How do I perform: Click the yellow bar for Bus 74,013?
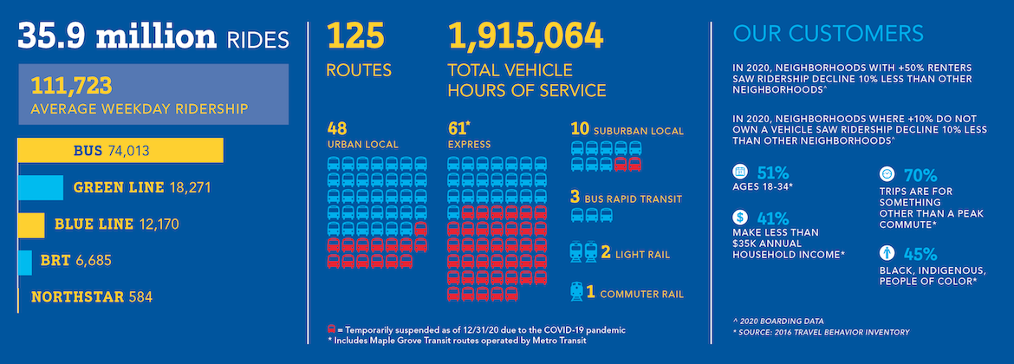coord(120,151)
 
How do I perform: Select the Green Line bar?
coord(41,187)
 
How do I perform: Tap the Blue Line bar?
coord(31,224)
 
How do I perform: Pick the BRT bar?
coord(24,261)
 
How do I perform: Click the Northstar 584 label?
coord(92,297)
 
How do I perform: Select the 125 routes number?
coord(355,37)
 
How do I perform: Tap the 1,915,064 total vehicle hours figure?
coord(525,37)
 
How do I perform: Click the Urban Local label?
coord(362,144)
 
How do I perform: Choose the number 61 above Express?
coord(458,128)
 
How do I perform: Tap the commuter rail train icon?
coord(576,292)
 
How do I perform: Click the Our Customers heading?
coord(828,35)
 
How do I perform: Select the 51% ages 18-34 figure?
coord(773,172)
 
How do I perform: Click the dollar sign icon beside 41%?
coord(740,218)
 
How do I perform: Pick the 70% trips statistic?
coord(920,174)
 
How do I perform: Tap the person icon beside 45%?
coord(887,254)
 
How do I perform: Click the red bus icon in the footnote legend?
coord(332,330)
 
